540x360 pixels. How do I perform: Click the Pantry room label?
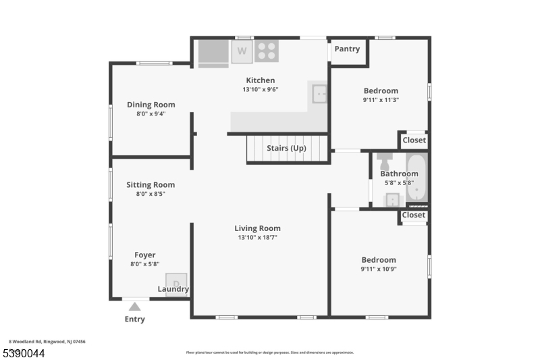347,49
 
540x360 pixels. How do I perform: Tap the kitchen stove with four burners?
267,51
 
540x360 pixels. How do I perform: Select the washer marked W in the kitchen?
242,51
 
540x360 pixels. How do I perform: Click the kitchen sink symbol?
319,94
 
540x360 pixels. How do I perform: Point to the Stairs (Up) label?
287,148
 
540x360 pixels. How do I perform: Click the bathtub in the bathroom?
416,179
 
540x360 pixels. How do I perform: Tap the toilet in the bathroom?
385,162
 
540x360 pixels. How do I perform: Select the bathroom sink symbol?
392,200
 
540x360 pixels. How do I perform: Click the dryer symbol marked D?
176,283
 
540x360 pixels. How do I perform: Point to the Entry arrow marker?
135,307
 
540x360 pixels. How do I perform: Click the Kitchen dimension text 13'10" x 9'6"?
261,89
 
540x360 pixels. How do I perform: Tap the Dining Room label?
151,105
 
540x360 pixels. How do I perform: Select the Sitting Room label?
151,184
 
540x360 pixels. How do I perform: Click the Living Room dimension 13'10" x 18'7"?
257,238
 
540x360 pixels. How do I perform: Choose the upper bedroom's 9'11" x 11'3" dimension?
381,100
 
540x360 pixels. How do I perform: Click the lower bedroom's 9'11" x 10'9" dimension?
379,269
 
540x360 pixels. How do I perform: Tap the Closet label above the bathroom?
414,140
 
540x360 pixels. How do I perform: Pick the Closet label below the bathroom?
414,215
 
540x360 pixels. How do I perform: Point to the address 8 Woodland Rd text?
47,342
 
